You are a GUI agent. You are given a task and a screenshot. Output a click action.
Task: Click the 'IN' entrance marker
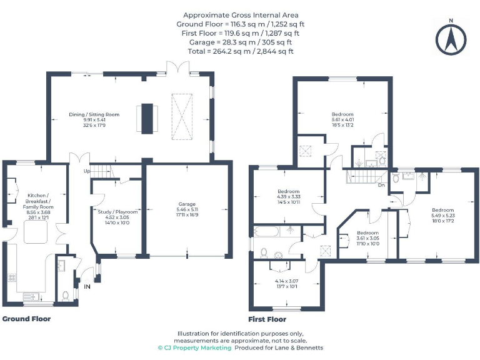point(86,287)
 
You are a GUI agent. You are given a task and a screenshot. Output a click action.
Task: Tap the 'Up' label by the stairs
point(88,171)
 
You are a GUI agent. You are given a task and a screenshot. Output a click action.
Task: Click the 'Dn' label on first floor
point(381,184)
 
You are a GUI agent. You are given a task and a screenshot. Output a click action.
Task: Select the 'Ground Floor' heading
point(26,319)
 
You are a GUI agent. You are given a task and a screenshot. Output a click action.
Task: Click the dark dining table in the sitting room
point(147,117)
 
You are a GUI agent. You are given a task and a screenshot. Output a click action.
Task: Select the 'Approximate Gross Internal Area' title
point(241,15)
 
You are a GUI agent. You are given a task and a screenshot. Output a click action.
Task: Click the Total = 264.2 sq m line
point(241,52)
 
